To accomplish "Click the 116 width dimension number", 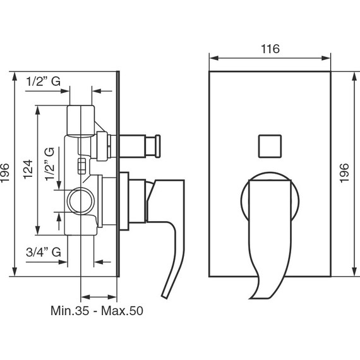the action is (x=270, y=49).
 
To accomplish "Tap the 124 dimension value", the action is (x=28, y=169).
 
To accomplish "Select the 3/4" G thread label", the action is (x=44, y=252).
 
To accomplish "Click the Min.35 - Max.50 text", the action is (x=97, y=311).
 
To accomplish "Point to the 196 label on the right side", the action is (x=344, y=173).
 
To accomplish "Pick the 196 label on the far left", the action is (x=5, y=173).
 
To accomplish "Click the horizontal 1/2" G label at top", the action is (x=43, y=81).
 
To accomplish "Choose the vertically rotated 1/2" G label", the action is (x=50, y=164).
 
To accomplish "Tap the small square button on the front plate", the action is (x=270, y=147).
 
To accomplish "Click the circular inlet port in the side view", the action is (x=81, y=201).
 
